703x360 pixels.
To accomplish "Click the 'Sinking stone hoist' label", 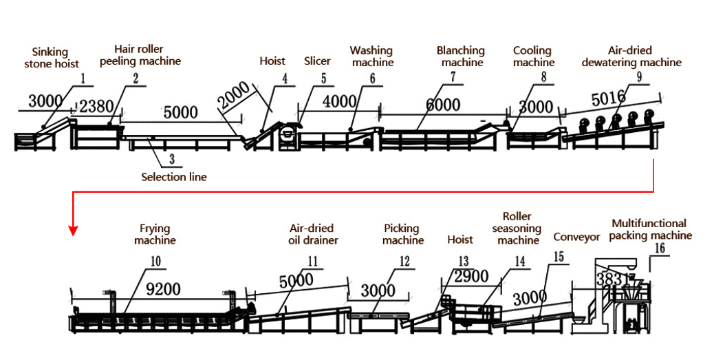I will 52,58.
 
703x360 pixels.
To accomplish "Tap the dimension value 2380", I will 96,106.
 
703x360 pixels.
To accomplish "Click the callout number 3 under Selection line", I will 172,159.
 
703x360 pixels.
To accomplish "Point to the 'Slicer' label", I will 317,61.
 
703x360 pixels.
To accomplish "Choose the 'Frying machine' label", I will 155,234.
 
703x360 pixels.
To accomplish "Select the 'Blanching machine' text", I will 461,56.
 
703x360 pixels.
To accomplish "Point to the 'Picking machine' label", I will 403,234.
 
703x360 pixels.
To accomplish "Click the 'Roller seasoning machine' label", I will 517,228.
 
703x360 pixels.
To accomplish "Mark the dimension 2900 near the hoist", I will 471,277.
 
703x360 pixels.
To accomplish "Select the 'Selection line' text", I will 174,177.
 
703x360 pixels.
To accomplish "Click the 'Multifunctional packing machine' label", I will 649,229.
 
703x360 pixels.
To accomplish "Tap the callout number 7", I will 452,77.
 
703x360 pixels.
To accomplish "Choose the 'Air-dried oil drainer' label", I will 311,234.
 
